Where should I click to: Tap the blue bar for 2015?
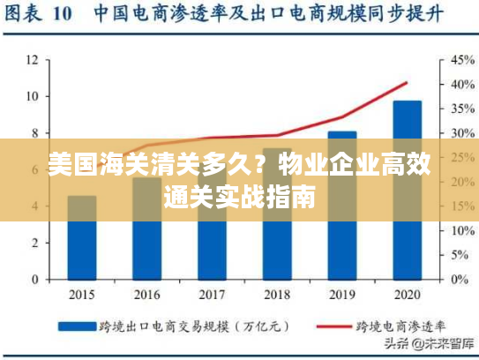(82, 251)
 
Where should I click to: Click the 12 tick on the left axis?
(32, 60)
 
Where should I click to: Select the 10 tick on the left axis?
(32, 96)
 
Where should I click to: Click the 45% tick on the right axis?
(462, 60)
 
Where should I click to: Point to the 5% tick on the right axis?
(460, 255)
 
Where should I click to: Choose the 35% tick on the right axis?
(462, 109)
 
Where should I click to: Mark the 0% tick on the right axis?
(460, 280)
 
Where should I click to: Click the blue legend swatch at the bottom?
(78, 326)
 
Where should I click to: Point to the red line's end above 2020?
(407, 83)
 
